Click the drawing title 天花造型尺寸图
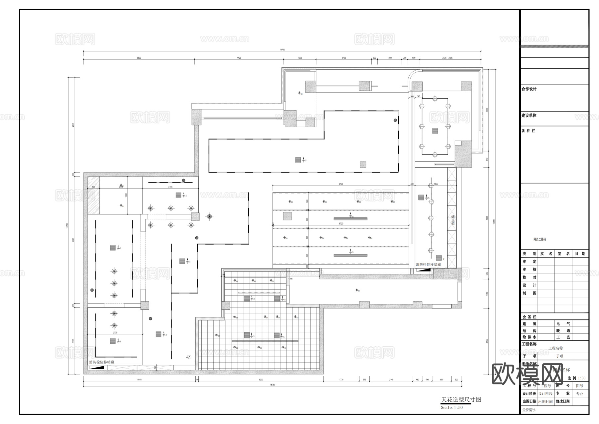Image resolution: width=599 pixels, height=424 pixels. pos(461,400)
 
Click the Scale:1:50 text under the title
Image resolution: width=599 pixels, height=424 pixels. pos(452,408)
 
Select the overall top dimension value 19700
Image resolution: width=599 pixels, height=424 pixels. pos(282,50)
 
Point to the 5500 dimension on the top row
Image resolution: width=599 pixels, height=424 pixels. pos(139,58)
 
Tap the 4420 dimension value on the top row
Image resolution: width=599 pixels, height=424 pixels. pos(239,58)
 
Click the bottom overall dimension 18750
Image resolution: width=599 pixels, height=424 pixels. pos(272,385)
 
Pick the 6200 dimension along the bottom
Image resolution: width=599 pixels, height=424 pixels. pos(261,380)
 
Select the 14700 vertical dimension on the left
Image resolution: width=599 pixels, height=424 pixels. pos(67,225)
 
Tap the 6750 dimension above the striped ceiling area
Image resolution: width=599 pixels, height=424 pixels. pos(340,184)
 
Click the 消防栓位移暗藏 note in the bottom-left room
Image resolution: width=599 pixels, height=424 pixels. pos(101,362)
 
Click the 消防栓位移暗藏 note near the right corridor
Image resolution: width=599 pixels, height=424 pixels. pos(428,264)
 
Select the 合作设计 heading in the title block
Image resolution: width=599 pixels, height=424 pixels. pos(529,89)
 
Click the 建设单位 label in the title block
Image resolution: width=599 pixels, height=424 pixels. pos(529,116)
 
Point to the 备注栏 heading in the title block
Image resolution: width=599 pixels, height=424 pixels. pos(528,131)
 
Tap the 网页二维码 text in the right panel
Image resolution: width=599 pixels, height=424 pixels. pos(539,239)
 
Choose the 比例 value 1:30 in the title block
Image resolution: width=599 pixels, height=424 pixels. pos(582,378)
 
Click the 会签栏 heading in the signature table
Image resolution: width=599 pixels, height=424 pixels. pos(529,317)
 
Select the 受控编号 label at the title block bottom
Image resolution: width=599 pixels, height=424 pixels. pos(529,410)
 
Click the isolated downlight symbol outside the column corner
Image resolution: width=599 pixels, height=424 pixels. pos(209,216)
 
